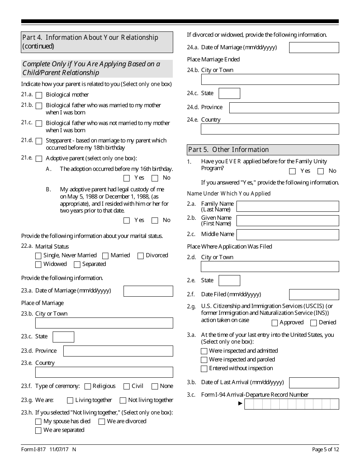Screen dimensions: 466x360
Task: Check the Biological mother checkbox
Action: coord(39,95)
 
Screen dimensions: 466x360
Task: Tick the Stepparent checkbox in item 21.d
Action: coord(39,141)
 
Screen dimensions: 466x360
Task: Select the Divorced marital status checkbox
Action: coord(141,256)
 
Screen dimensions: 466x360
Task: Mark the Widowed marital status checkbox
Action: coord(38,264)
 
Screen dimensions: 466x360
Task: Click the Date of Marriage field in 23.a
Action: coord(148,291)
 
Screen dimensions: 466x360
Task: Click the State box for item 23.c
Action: coord(63,337)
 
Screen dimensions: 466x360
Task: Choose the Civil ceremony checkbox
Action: coord(127,386)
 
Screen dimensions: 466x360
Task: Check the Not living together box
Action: coord(123,400)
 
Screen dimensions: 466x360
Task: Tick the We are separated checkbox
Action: coord(38,430)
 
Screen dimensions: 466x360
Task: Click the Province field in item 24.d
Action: coord(284,108)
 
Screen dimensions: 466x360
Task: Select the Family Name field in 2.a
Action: coord(287,206)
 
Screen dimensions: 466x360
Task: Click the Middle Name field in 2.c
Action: coord(287,235)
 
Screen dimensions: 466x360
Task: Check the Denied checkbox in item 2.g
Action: coord(313,323)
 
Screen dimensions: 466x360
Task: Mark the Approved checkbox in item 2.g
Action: coord(275,323)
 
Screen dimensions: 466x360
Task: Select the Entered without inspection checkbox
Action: coord(204,369)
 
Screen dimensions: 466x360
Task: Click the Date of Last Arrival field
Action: coord(314,383)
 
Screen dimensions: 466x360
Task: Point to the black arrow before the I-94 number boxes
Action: coord(240,403)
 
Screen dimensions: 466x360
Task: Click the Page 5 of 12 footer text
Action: coord(325,450)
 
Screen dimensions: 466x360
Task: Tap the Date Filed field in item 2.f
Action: coord(314,295)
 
